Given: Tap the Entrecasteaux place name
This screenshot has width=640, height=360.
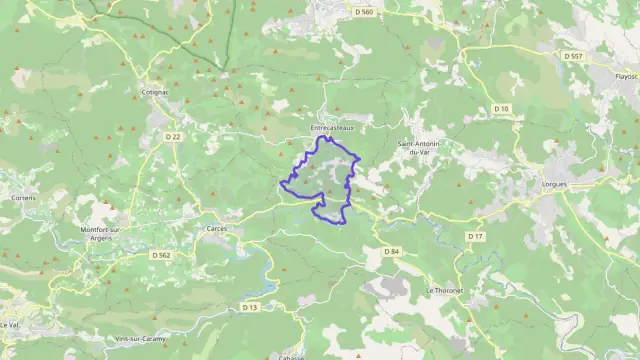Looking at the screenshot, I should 333,128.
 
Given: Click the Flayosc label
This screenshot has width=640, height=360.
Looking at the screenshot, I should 626,76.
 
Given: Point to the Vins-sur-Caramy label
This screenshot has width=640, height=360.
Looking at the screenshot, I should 139,340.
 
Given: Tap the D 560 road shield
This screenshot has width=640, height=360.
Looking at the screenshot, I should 363,12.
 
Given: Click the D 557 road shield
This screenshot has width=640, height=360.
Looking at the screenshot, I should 573,56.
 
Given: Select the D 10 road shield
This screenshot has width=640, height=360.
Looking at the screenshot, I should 502,108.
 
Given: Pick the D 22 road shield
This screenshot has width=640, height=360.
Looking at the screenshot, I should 174,137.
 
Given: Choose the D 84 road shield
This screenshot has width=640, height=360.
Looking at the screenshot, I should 391,251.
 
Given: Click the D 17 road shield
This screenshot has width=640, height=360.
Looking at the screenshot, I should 475,236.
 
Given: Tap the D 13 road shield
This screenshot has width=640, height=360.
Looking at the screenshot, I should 250,307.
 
